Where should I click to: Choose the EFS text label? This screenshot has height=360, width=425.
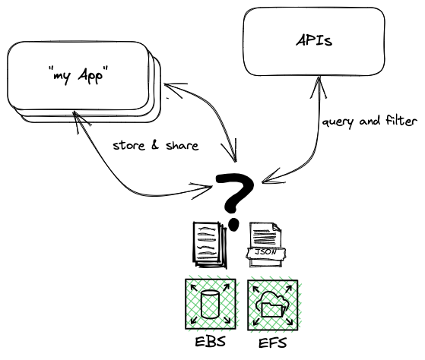(x=272, y=343)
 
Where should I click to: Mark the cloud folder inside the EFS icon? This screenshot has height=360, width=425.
(x=272, y=306)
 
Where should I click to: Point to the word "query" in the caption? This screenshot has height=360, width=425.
(x=337, y=123)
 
